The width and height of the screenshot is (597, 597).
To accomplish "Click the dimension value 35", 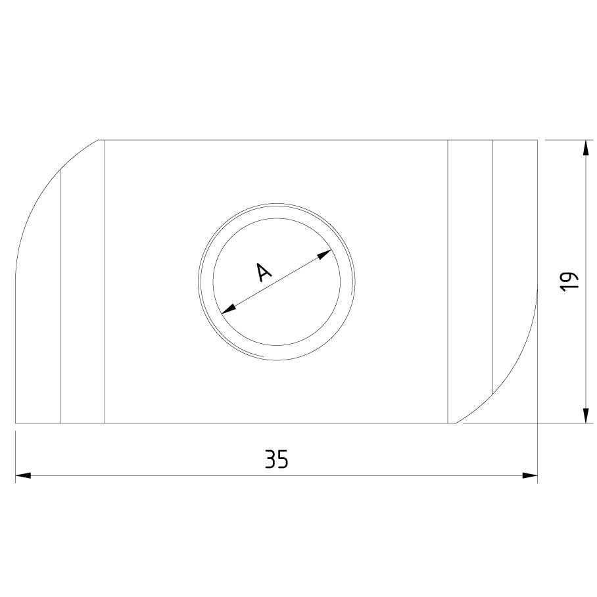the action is pyautogui.click(x=276, y=459).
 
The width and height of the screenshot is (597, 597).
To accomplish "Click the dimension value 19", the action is pyautogui.click(x=569, y=282).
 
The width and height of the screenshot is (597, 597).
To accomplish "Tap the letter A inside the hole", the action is pyautogui.click(x=264, y=272).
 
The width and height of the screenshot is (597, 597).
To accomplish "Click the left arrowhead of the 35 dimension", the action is pyautogui.click(x=23, y=475).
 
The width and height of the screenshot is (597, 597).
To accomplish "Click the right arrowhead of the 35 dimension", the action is pyautogui.click(x=530, y=475).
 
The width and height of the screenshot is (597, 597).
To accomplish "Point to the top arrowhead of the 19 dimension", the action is pyautogui.click(x=586, y=148).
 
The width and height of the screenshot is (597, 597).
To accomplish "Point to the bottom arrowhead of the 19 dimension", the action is pyautogui.click(x=586, y=416).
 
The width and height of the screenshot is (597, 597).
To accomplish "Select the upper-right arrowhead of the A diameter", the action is pyautogui.click(x=324, y=254).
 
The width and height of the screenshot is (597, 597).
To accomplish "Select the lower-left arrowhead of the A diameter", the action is pyautogui.click(x=229, y=309).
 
